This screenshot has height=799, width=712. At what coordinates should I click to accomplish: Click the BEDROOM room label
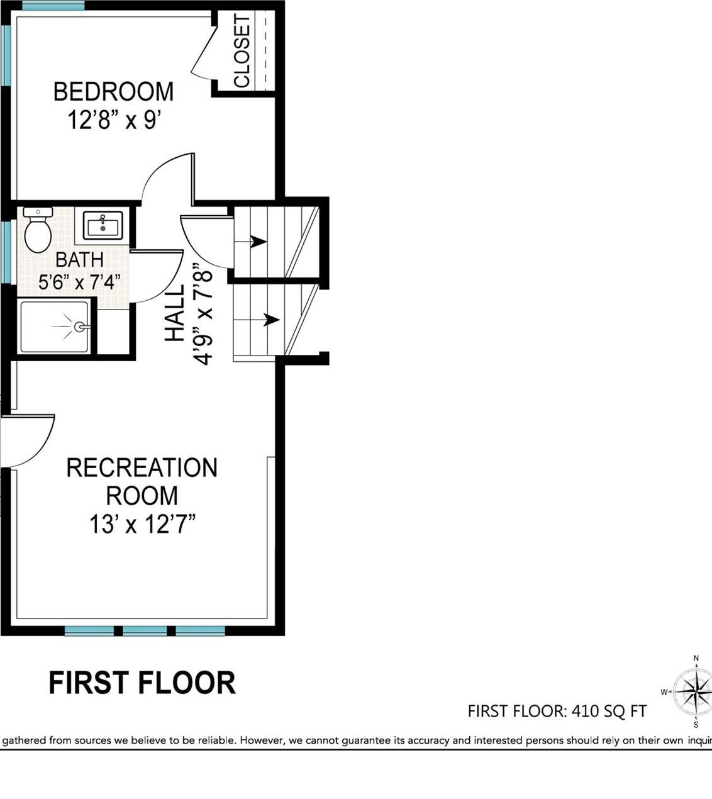[x=113, y=92]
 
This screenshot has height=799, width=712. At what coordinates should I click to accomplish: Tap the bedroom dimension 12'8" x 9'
[x=111, y=120]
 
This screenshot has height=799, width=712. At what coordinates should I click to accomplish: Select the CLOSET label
[x=242, y=52]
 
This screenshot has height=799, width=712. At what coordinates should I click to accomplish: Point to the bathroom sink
[x=103, y=225]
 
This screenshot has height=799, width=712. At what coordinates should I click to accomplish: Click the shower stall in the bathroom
[x=55, y=327]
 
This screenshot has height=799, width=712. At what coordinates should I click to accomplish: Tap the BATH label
[x=79, y=259]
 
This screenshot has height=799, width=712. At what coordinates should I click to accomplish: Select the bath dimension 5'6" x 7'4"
[x=79, y=281]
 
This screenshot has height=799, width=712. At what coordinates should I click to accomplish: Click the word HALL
[x=175, y=313]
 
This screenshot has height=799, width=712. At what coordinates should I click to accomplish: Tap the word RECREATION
[x=142, y=468]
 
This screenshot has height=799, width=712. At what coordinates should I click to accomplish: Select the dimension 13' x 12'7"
[x=142, y=523]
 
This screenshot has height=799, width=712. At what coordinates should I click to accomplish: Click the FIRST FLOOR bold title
[x=142, y=683]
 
